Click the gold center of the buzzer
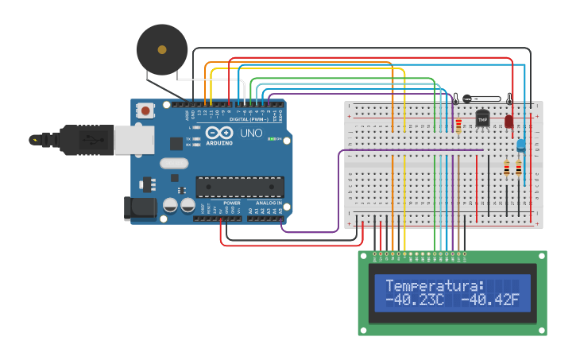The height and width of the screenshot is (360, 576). (x=162, y=49)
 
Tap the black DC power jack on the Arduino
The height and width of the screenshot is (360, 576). (x=141, y=208)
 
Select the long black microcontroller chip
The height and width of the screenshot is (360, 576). (x=240, y=187)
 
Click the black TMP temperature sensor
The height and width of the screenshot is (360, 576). (x=482, y=118)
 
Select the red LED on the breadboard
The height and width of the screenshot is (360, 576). (x=509, y=122)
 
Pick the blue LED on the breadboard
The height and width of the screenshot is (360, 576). (x=520, y=145)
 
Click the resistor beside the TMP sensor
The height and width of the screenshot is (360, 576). (x=458, y=126)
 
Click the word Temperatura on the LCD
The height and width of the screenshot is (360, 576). (x=435, y=286)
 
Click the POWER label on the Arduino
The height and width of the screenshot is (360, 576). (x=232, y=203)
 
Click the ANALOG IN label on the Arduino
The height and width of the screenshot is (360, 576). (x=269, y=203)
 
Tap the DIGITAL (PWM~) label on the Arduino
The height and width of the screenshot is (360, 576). (x=248, y=118)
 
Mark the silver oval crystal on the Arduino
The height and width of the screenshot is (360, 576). (x=175, y=163)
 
